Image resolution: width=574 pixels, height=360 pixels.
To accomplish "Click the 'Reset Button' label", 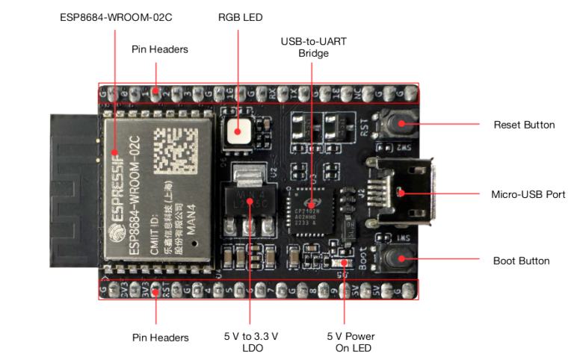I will (524, 125).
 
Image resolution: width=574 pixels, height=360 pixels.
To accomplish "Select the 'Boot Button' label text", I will (521, 261).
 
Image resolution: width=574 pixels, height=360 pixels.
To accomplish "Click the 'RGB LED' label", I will (240, 16).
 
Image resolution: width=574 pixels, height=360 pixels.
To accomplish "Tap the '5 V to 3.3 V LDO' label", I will (250, 343).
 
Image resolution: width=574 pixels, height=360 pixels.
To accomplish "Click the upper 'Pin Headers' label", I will (159, 49).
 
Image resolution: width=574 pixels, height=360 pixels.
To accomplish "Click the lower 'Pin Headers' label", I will (159, 338).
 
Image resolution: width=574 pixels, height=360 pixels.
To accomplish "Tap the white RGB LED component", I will (240, 131).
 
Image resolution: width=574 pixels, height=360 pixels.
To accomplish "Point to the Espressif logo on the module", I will (114, 217).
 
